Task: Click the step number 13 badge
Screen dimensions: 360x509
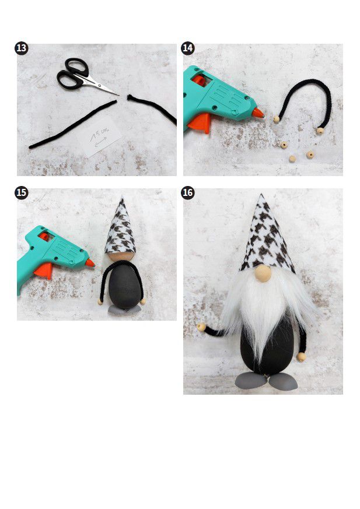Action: tap(22, 48)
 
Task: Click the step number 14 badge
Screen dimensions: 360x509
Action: tap(188, 48)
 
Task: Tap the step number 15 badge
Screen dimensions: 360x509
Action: tap(22, 193)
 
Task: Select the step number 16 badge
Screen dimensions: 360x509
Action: tap(188, 192)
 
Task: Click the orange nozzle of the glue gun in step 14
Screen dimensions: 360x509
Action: tap(258, 113)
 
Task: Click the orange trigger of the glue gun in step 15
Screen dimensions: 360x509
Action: tap(44, 271)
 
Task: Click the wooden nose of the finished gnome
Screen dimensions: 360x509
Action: tap(263, 273)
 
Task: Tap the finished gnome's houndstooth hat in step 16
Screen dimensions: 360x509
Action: tap(267, 237)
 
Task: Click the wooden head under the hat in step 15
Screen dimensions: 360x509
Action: tap(121, 257)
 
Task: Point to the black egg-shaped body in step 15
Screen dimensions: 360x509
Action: tap(125, 285)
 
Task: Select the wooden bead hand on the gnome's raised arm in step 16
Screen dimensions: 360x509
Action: tap(201, 327)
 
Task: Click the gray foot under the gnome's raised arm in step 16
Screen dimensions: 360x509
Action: tap(251, 380)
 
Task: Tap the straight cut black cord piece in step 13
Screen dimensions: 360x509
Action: tap(73, 124)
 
